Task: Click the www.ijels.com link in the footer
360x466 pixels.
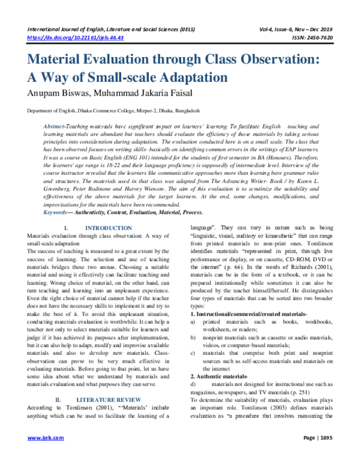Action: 41,455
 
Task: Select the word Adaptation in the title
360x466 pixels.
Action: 188,78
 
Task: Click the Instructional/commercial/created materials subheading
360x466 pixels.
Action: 248,314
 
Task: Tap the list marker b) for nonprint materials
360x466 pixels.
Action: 193,339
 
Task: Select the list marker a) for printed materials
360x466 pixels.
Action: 193,322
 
